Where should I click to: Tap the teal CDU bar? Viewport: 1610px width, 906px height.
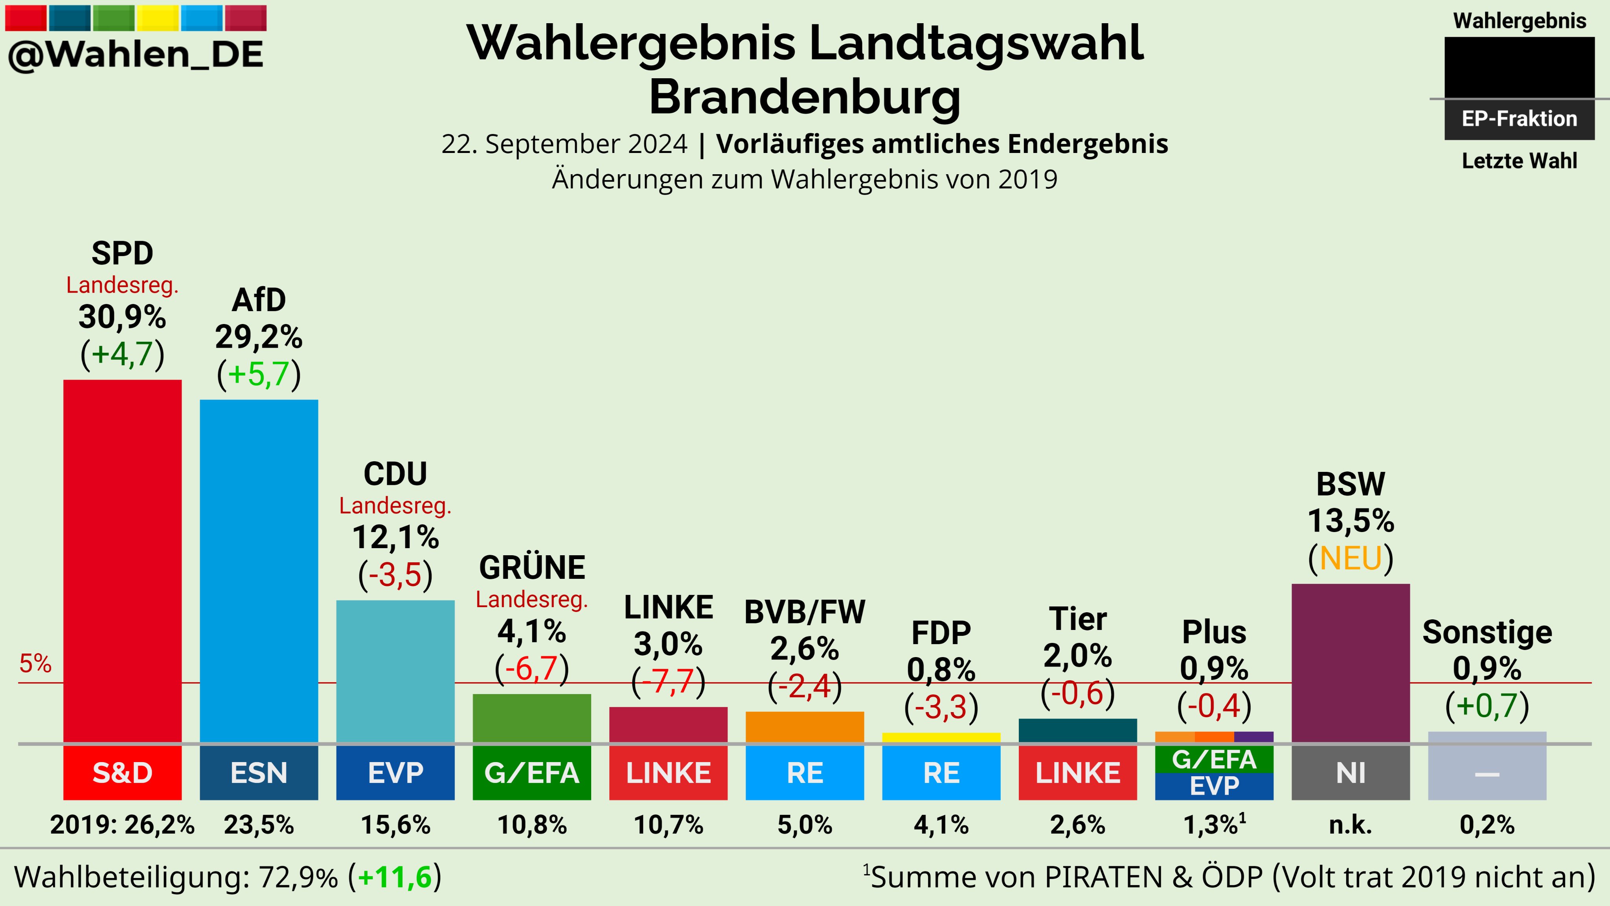pyautogui.click(x=395, y=672)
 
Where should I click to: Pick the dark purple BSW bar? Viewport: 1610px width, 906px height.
pyautogui.click(x=1351, y=663)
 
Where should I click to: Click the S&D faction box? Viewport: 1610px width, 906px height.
pyautogui.click(x=123, y=773)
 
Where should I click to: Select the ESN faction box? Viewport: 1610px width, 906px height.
pyautogui.click(x=259, y=773)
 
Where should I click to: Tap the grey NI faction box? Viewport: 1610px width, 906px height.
pyautogui.click(x=1351, y=773)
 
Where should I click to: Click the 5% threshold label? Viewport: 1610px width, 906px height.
pyautogui.click(x=35, y=663)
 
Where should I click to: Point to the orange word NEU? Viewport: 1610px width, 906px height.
pyautogui.click(x=1351, y=558)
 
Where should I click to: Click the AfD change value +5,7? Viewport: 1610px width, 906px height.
pyautogui.click(x=259, y=374)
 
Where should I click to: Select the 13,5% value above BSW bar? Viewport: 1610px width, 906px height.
pyautogui.click(x=1351, y=520)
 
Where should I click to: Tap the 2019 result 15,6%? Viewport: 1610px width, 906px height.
pyautogui.click(x=395, y=825)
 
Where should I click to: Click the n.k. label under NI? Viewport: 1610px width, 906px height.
pyautogui.click(x=1351, y=825)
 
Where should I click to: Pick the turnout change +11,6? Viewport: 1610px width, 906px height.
pyautogui.click(x=395, y=877)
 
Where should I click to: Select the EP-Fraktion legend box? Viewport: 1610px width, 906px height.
pyautogui.click(x=1519, y=119)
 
